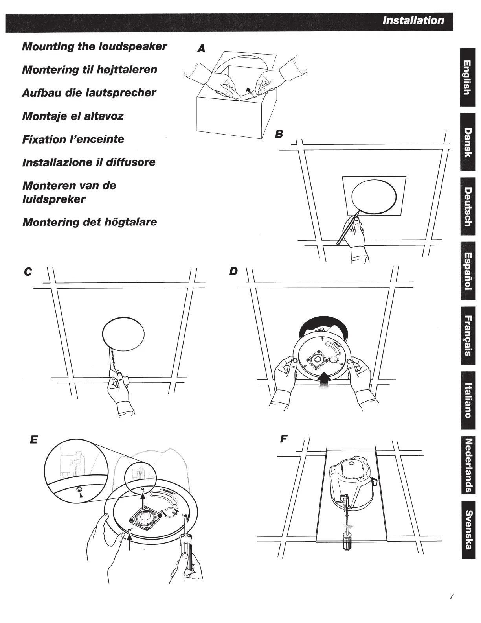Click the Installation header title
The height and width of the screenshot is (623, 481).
(413, 20)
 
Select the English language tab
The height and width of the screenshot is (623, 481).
(467, 77)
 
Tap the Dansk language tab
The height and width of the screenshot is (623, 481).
(467, 142)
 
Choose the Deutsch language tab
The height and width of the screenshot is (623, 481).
(467, 207)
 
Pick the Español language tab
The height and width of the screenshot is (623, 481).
(467, 271)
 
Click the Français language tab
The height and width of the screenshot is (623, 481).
(467, 335)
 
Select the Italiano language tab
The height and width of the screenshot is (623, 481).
(467, 400)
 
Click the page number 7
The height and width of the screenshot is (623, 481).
(452, 596)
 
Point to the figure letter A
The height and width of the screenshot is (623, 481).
(201, 49)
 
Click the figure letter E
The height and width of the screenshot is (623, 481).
(34, 439)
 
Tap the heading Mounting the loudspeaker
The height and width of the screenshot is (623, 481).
(94, 46)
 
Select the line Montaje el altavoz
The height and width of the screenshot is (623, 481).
(73, 116)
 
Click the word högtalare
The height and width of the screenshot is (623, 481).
(130, 222)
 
